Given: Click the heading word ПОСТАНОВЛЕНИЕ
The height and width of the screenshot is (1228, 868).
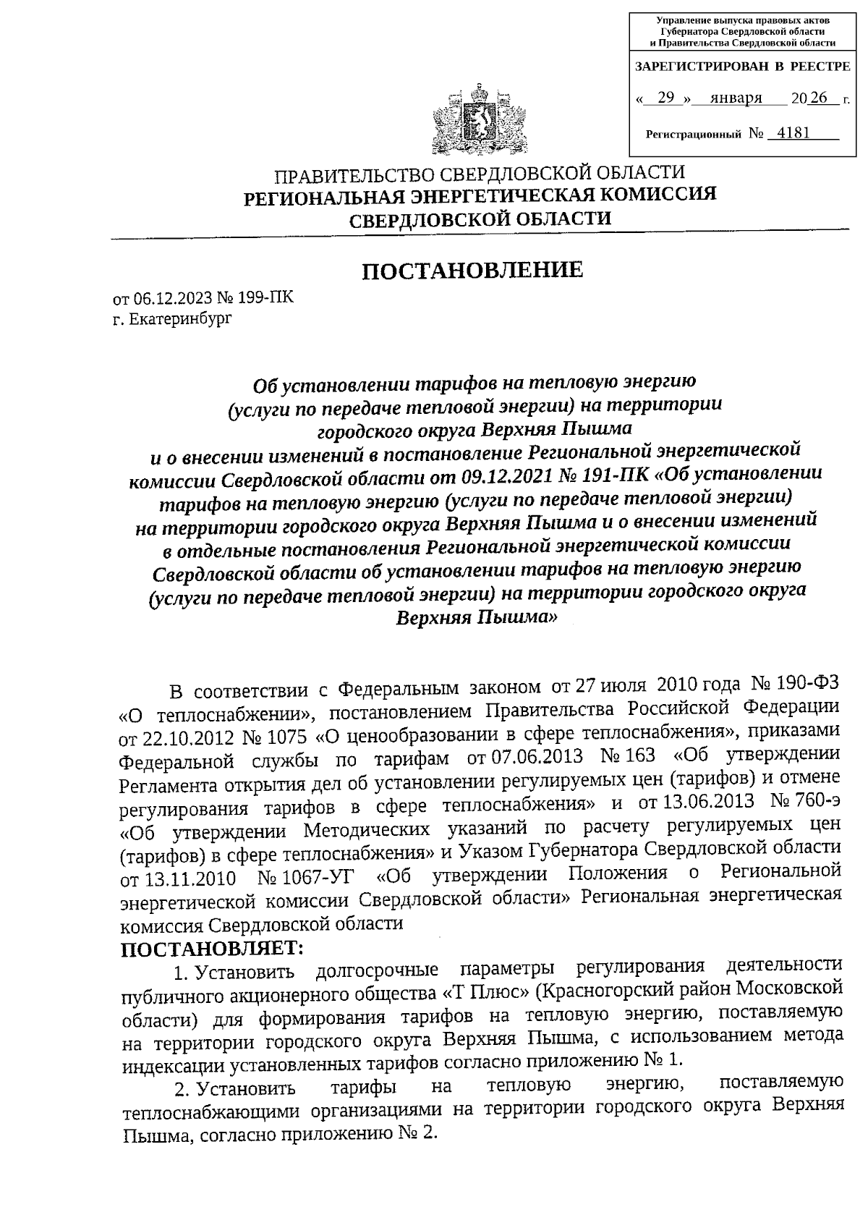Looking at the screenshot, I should (x=472, y=271).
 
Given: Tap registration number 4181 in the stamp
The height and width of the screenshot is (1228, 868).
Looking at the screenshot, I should (x=790, y=133).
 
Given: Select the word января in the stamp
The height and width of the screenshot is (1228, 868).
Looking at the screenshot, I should (x=736, y=98).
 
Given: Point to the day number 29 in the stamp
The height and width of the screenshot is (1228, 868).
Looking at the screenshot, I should (x=666, y=98).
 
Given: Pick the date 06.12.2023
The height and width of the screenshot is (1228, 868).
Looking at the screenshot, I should (x=166, y=300).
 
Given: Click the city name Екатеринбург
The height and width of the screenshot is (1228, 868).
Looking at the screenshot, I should (x=181, y=319).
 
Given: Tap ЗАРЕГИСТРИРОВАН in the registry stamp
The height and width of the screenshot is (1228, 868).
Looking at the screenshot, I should (x=699, y=67).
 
